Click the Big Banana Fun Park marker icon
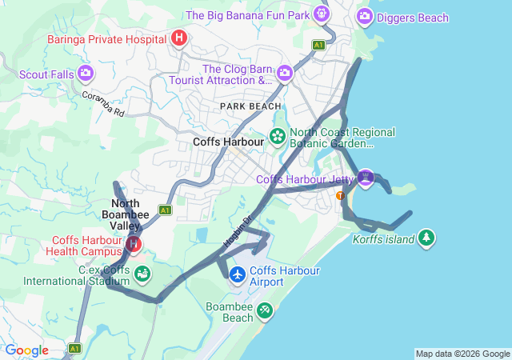click(322, 14)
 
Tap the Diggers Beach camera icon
click(365, 15)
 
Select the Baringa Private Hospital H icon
click(179, 38)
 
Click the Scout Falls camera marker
click(86, 74)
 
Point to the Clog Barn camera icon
click(284, 74)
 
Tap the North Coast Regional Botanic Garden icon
click(278, 137)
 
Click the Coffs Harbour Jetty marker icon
click(366, 177)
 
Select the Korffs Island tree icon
click(427, 238)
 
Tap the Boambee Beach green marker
click(265, 311)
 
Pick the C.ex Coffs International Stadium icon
click(142, 274)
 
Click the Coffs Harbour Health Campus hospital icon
click(134, 245)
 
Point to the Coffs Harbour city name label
click(228, 142)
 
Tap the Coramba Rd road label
click(103, 103)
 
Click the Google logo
click(27, 350)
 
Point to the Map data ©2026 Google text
click(462, 354)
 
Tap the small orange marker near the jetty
click(341, 195)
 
